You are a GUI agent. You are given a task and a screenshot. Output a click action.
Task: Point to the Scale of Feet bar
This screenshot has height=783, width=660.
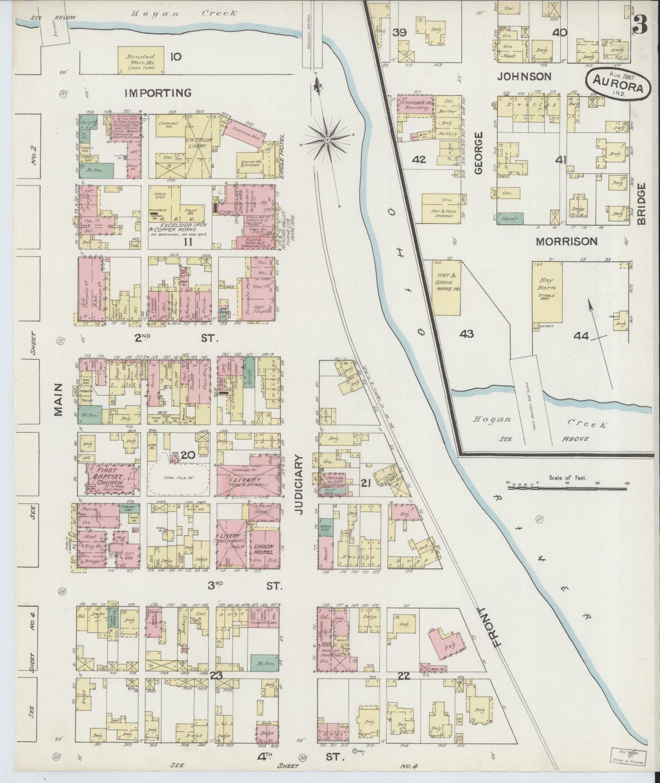pyautogui.click(x=568, y=487)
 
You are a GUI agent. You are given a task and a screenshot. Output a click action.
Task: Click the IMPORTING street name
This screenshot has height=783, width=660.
pyautogui.click(x=158, y=93)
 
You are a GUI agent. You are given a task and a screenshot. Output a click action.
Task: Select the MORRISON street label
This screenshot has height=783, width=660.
pyautogui.click(x=566, y=241)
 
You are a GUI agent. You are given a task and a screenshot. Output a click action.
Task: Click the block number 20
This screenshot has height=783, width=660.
pyautogui.click(x=188, y=455)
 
